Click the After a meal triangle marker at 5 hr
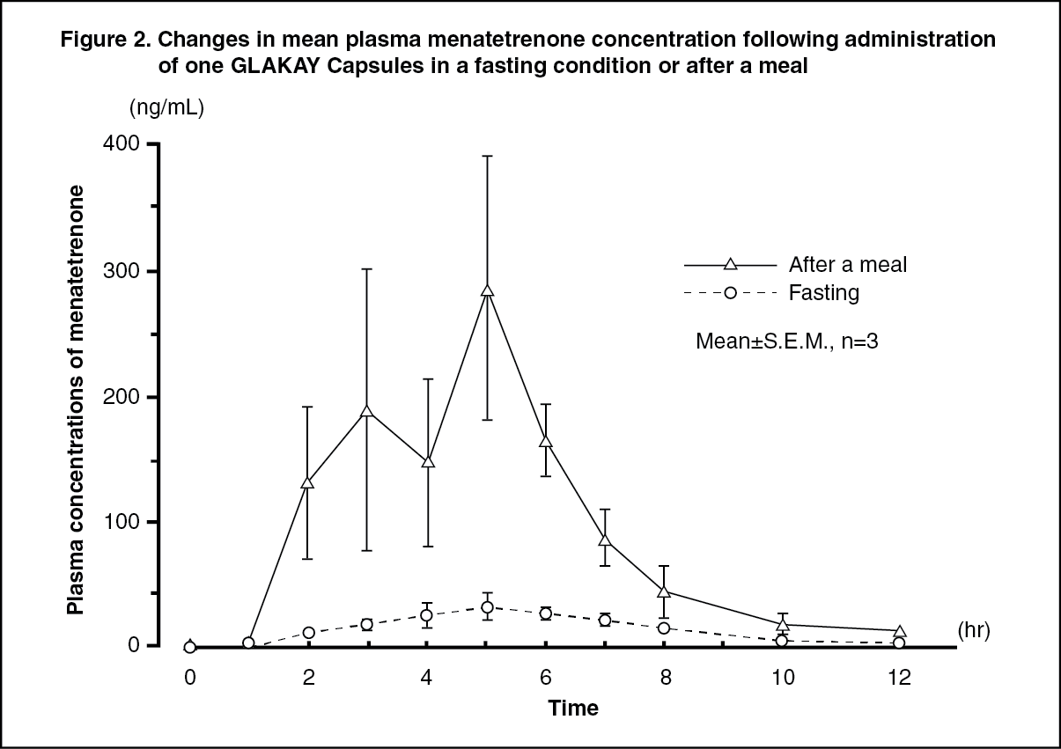coord(487,290)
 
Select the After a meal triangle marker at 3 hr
coord(367,412)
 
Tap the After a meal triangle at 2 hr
coord(308,483)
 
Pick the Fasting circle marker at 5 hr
coord(487,606)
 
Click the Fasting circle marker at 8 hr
coord(664,628)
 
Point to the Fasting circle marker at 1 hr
coord(248,643)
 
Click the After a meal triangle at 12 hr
coord(899,632)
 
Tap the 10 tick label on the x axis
coord(782,677)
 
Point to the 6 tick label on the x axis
coord(546,677)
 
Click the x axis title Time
coord(573,708)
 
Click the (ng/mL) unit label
coord(167,108)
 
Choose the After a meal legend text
coord(847,264)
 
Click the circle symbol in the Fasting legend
coord(730,292)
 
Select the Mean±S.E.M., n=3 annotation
coord(787,342)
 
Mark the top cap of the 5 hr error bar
coord(487,156)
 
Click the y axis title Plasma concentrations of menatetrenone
coord(77,400)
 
